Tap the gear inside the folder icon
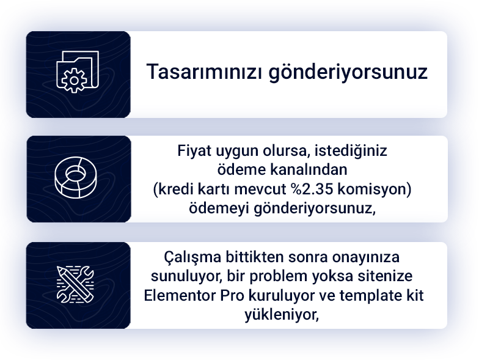tap(74, 81)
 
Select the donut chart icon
tap(76, 177)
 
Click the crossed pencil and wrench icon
tap(75, 285)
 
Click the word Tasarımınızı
tap(204, 72)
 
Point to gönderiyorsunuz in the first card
tap(348, 73)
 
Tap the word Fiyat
tap(194, 152)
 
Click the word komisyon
tap(375, 189)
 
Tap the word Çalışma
tap(192, 258)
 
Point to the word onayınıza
tap(365, 258)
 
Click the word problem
tap(279, 276)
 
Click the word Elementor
tap(180, 296)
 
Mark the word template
tap(370, 296)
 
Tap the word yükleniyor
tap(282, 315)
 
